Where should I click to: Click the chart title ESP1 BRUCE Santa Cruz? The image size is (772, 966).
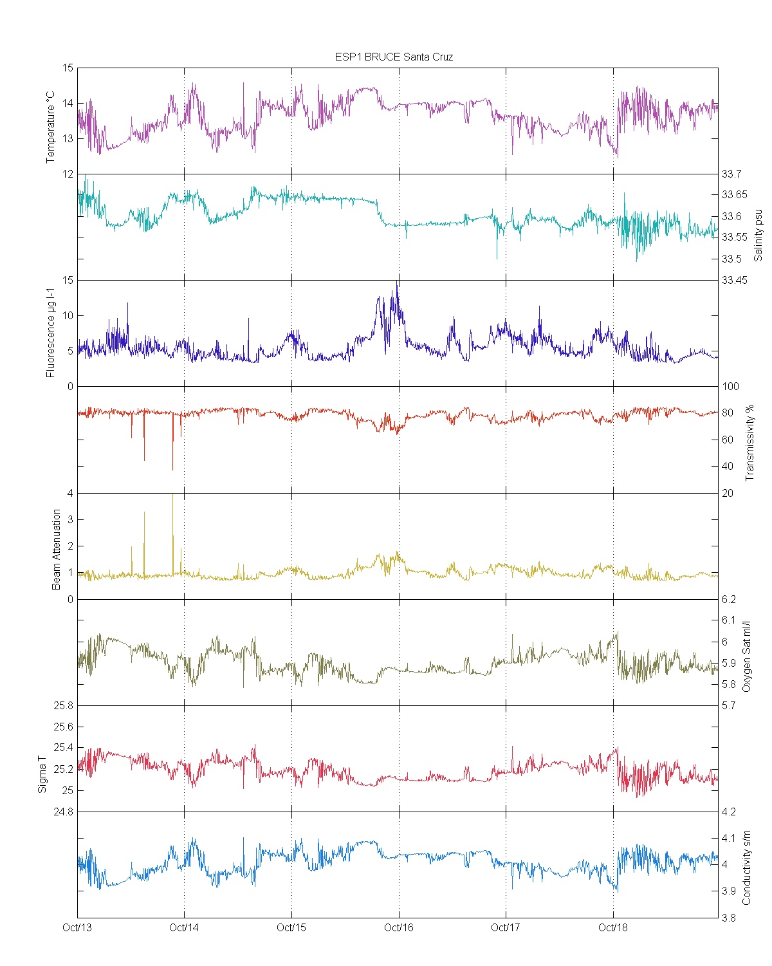[x=394, y=57]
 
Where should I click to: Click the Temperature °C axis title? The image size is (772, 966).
[x=51, y=127]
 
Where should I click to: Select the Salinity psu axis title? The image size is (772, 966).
[x=758, y=234]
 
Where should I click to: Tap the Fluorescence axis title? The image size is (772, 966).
[x=51, y=332]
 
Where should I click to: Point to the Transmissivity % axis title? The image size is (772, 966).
[x=749, y=443]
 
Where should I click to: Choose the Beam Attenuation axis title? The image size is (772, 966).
[x=57, y=549]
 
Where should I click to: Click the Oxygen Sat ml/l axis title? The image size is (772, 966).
[x=747, y=656]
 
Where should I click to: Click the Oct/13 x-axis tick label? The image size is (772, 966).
[x=77, y=927]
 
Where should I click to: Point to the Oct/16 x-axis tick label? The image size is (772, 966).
[x=399, y=927]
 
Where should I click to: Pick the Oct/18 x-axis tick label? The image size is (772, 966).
[x=613, y=927]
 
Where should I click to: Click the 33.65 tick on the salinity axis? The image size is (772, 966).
[x=734, y=195]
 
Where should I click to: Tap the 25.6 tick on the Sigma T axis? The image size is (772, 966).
[x=63, y=727]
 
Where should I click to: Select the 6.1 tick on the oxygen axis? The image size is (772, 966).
[x=728, y=620]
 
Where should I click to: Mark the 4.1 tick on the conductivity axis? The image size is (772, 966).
[x=728, y=838]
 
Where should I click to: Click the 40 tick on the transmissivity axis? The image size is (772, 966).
[x=727, y=466]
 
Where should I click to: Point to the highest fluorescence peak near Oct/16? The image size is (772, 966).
[x=398, y=282]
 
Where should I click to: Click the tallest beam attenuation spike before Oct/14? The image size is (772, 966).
[x=172, y=496]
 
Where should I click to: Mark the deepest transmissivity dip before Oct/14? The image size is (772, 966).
[x=172, y=469]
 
